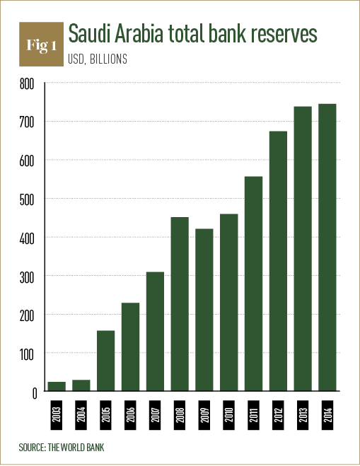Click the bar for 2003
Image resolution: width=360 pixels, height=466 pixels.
57,386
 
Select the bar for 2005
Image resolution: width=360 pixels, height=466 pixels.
106,361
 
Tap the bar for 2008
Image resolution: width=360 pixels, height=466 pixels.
180,304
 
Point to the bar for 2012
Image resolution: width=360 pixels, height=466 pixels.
278,261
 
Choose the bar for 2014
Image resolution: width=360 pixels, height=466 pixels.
327,247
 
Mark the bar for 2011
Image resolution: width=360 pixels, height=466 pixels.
253,284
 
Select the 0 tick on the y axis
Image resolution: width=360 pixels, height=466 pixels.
32,392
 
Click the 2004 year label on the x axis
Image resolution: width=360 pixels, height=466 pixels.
81,413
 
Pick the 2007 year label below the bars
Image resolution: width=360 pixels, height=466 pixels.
155,413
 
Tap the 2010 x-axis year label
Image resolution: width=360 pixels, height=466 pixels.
228,413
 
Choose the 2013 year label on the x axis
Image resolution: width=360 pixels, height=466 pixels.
303,413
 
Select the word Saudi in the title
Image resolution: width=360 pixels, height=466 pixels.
90,34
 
